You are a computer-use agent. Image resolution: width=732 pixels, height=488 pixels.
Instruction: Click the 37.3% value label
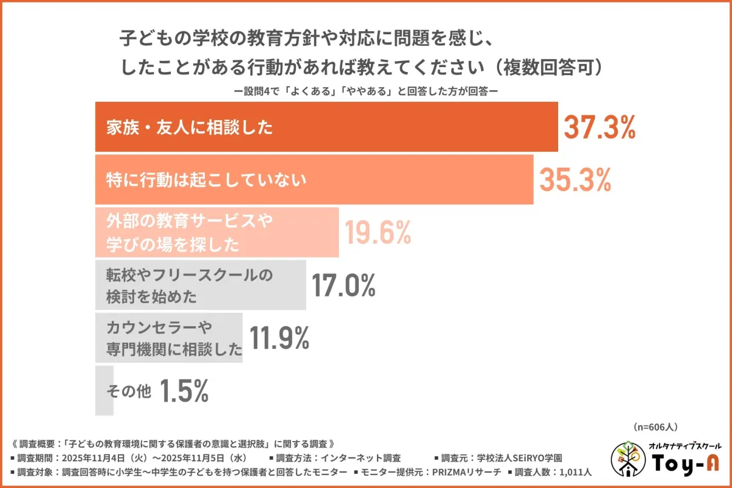tap(599, 127)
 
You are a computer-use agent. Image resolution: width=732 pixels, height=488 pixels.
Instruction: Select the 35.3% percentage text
tap(575, 179)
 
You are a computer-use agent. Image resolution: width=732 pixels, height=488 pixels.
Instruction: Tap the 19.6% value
tap(378, 232)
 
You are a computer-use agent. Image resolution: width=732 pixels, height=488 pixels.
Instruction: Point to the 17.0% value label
tap(343, 284)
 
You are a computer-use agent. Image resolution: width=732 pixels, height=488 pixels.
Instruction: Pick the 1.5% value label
tap(184, 390)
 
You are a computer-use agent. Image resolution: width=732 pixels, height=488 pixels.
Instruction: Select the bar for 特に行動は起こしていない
tap(314, 180)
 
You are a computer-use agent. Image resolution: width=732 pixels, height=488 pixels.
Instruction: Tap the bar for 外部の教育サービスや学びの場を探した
tap(217, 232)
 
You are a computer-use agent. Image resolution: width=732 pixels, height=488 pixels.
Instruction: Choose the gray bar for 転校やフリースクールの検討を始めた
tap(200, 285)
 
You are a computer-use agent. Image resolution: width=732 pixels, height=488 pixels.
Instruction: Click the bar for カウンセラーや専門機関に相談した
tap(168, 338)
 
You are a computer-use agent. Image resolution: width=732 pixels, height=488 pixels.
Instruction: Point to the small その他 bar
tap(104, 391)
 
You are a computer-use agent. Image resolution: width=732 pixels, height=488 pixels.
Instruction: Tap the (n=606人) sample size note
tap(656, 427)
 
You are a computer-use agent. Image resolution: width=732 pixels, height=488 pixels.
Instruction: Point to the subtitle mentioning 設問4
tap(366, 90)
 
